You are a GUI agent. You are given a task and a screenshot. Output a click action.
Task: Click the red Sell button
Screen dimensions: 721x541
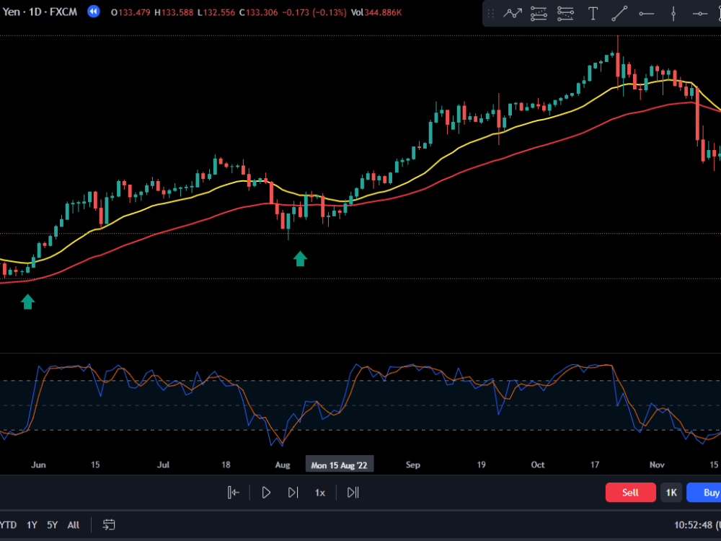click(x=630, y=492)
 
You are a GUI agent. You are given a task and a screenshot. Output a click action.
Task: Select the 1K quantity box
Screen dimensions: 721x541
click(x=671, y=492)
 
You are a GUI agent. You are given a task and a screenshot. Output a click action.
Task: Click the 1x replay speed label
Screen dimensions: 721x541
click(x=320, y=493)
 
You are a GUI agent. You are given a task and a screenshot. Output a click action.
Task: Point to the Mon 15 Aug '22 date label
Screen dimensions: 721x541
click(x=340, y=465)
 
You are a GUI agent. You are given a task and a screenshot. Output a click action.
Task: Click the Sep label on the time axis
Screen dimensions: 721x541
click(x=413, y=465)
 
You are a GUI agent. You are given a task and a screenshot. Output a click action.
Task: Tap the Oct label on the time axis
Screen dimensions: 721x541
click(x=538, y=465)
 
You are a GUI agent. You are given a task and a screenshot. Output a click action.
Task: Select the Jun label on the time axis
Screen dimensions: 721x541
click(x=38, y=465)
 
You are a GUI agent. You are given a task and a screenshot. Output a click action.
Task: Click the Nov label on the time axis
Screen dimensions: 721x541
click(x=657, y=465)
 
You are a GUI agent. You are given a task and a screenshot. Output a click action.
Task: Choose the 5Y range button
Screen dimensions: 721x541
click(x=52, y=525)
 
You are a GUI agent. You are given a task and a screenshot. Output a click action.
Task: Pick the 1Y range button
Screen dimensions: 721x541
click(x=32, y=525)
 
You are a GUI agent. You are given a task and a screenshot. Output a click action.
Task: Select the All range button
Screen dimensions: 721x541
click(x=73, y=525)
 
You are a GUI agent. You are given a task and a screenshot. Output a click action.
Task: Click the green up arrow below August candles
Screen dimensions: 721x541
click(x=300, y=258)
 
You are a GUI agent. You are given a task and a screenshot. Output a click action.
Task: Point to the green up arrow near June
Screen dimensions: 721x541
click(x=27, y=302)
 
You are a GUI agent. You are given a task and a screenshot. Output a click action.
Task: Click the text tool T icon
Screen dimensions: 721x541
click(x=593, y=14)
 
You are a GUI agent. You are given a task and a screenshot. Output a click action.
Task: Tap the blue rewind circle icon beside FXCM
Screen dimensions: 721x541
click(x=93, y=12)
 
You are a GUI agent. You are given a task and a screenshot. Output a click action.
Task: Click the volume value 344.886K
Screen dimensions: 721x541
click(x=383, y=12)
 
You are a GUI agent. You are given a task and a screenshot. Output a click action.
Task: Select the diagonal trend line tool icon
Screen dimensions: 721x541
click(x=619, y=14)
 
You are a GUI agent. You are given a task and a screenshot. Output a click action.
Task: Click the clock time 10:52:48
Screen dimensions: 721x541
click(x=693, y=525)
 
